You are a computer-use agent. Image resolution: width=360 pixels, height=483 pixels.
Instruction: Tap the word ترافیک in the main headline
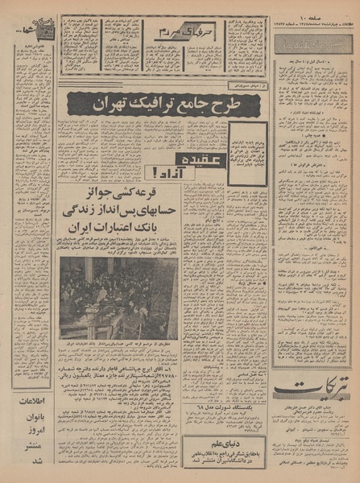(138, 103)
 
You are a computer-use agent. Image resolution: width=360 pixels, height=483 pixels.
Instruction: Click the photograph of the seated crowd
(118, 287)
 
